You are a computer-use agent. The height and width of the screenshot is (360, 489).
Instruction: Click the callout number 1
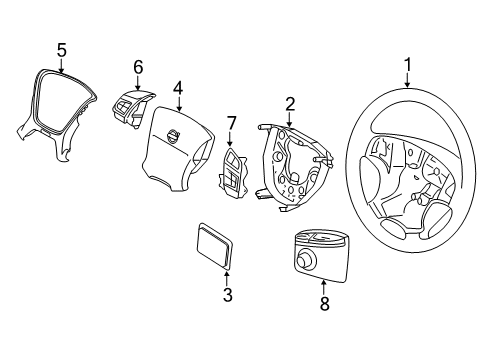tap(407, 66)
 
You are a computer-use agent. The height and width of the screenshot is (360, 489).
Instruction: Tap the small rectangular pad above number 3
tap(213, 244)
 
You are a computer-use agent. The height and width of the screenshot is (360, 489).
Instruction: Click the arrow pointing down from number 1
tap(407, 82)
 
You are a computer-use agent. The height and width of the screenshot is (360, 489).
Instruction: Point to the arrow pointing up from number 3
tap(227, 276)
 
